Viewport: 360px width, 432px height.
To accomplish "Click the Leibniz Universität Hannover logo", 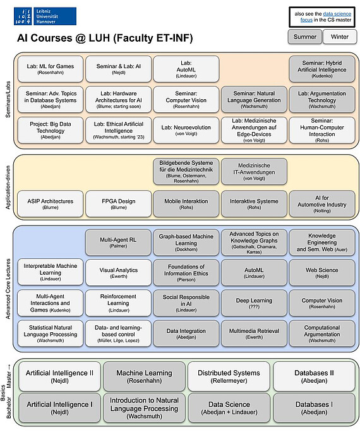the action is tap(45, 16).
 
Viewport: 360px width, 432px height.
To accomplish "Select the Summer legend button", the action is tap(305, 37).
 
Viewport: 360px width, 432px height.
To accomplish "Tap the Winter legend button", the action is tap(340, 37).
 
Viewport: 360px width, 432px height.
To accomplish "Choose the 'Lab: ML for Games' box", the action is tap(51, 69).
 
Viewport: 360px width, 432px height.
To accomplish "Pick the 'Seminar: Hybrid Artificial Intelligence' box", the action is tap(322, 69).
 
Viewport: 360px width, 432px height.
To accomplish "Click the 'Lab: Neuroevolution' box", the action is tap(186, 130).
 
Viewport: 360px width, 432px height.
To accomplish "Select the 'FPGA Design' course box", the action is tap(119, 203).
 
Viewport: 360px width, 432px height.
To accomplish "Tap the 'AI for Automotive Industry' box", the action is tap(322, 203).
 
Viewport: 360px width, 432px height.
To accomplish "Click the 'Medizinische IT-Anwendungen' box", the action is tap(254, 171).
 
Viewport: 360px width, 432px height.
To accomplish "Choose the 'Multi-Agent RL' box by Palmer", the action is tap(118, 243).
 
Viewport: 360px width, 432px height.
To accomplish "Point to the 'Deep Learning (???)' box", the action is tap(254, 303).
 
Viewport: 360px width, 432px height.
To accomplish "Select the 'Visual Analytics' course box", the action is tap(119, 272).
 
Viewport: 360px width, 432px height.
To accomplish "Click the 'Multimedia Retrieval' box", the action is tap(254, 333).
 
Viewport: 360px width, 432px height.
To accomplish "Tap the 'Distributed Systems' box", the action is tap(229, 376).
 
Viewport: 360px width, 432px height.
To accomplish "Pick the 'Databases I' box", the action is tap(314, 408).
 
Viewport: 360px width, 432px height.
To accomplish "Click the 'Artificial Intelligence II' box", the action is tap(59, 376).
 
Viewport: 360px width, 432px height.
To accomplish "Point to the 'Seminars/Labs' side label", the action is tap(8, 99).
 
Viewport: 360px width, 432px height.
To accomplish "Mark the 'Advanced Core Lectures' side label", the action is tap(8, 289).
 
